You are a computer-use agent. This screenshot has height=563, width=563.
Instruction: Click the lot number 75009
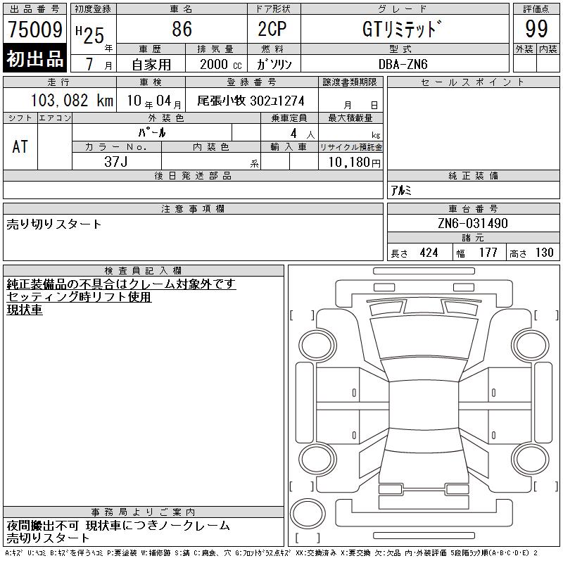click(x=35, y=30)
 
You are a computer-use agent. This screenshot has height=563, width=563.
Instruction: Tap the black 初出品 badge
click(x=34, y=58)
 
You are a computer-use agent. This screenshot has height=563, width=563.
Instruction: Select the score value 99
click(x=536, y=29)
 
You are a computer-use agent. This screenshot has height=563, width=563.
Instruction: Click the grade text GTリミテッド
click(x=402, y=29)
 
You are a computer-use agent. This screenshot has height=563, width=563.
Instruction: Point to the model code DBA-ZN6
click(x=403, y=64)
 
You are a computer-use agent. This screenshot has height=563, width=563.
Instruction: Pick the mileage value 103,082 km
click(x=72, y=101)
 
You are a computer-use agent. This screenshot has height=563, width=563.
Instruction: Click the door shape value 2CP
click(x=272, y=29)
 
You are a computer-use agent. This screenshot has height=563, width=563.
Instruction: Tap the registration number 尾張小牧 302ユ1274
click(x=251, y=101)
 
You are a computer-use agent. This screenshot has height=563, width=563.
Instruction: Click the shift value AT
click(x=20, y=147)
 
